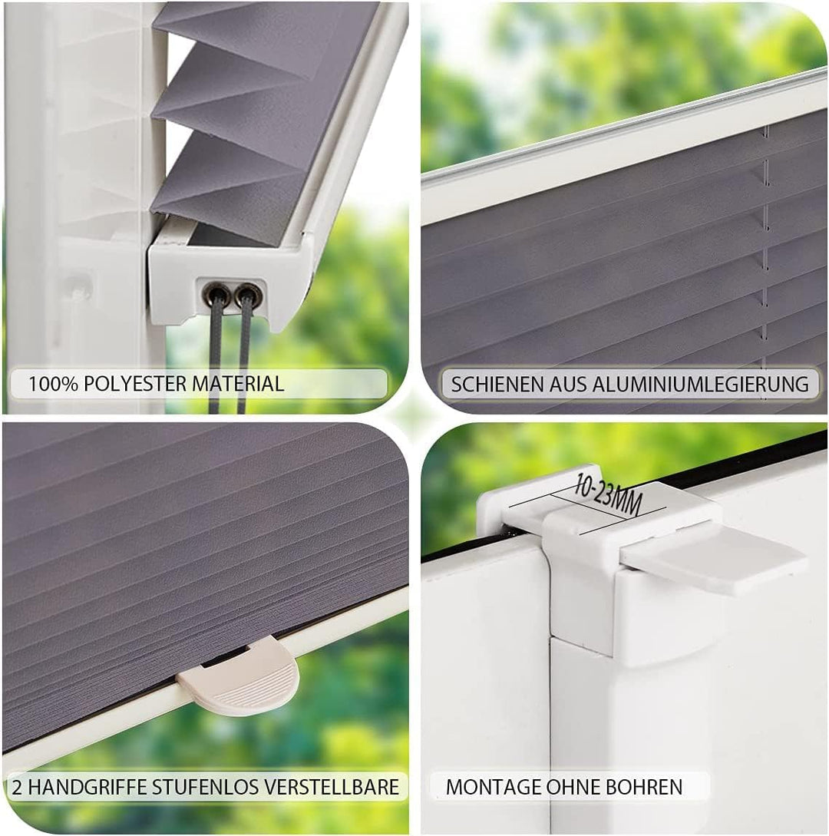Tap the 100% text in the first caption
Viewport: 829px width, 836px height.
pyautogui.click(x=52, y=384)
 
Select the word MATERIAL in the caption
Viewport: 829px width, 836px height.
pyautogui.click(x=239, y=384)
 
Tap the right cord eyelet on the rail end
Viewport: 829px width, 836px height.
pyautogui.click(x=244, y=292)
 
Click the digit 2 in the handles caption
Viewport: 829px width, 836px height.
pyautogui.click(x=16, y=787)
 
